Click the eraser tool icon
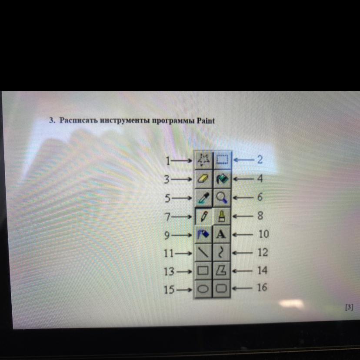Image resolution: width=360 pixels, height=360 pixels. [x=203, y=179]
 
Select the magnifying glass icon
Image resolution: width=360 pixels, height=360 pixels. [x=222, y=197]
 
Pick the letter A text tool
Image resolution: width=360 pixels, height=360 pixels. [x=221, y=234]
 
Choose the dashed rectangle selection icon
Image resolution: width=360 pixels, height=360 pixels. [x=223, y=159]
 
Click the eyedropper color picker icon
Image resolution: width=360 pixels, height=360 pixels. [x=203, y=198]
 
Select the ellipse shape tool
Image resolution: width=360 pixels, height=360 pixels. [x=203, y=289]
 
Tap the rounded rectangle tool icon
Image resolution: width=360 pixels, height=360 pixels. [x=222, y=288]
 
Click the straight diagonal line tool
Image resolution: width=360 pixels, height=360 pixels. [x=203, y=252]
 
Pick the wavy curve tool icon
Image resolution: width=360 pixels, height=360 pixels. [x=220, y=252]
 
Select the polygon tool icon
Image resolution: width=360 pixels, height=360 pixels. [x=221, y=270]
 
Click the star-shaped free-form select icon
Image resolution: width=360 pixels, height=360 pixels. [x=203, y=160]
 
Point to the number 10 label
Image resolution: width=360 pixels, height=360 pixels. [x=263, y=234]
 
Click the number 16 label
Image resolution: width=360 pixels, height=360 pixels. [x=262, y=287]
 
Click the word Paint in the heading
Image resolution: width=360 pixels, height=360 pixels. [x=206, y=121]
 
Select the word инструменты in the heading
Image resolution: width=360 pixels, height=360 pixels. [x=125, y=120]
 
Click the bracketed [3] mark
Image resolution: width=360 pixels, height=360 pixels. [x=349, y=307]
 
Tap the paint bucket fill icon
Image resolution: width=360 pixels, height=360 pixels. [x=222, y=179]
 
